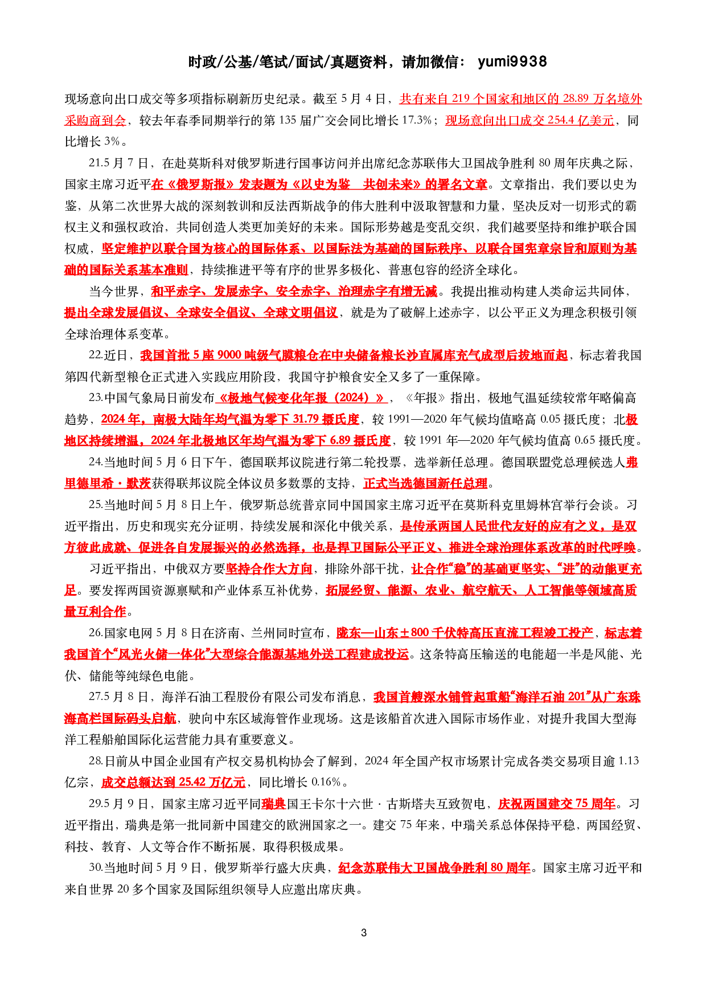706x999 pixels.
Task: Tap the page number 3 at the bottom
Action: [363, 933]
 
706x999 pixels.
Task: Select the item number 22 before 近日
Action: [95, 355]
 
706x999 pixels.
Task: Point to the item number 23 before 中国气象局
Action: [95, 398]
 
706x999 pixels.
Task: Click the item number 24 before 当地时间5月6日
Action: [95, 462]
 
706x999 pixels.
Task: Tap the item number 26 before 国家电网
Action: [95, 633]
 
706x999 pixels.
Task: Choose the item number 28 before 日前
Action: [95, 761]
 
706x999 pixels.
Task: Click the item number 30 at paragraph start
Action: [95, 867]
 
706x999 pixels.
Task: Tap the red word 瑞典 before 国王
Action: [273, 804]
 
